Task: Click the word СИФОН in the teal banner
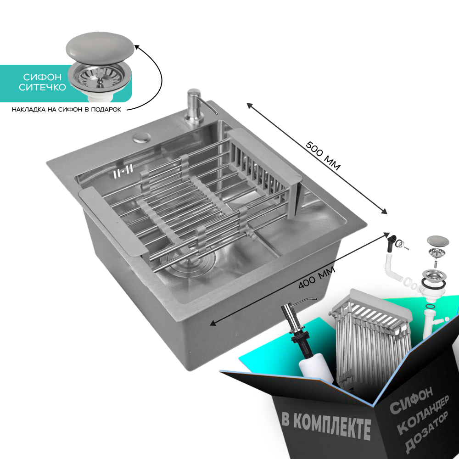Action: click(42, 77)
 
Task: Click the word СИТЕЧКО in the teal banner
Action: click(42, 87)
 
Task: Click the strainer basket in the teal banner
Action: click(100, 78)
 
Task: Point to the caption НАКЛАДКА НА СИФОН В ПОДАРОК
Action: click(67, 110)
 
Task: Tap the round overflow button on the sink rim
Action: click(142, 138)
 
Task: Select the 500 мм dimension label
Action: click(323, 156)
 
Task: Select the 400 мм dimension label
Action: click(317, 278)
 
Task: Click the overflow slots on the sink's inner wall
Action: click(123, 171)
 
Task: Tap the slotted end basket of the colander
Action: click(265, 173)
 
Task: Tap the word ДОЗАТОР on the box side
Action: click(427, 432)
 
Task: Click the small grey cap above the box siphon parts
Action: click(438, 241)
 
